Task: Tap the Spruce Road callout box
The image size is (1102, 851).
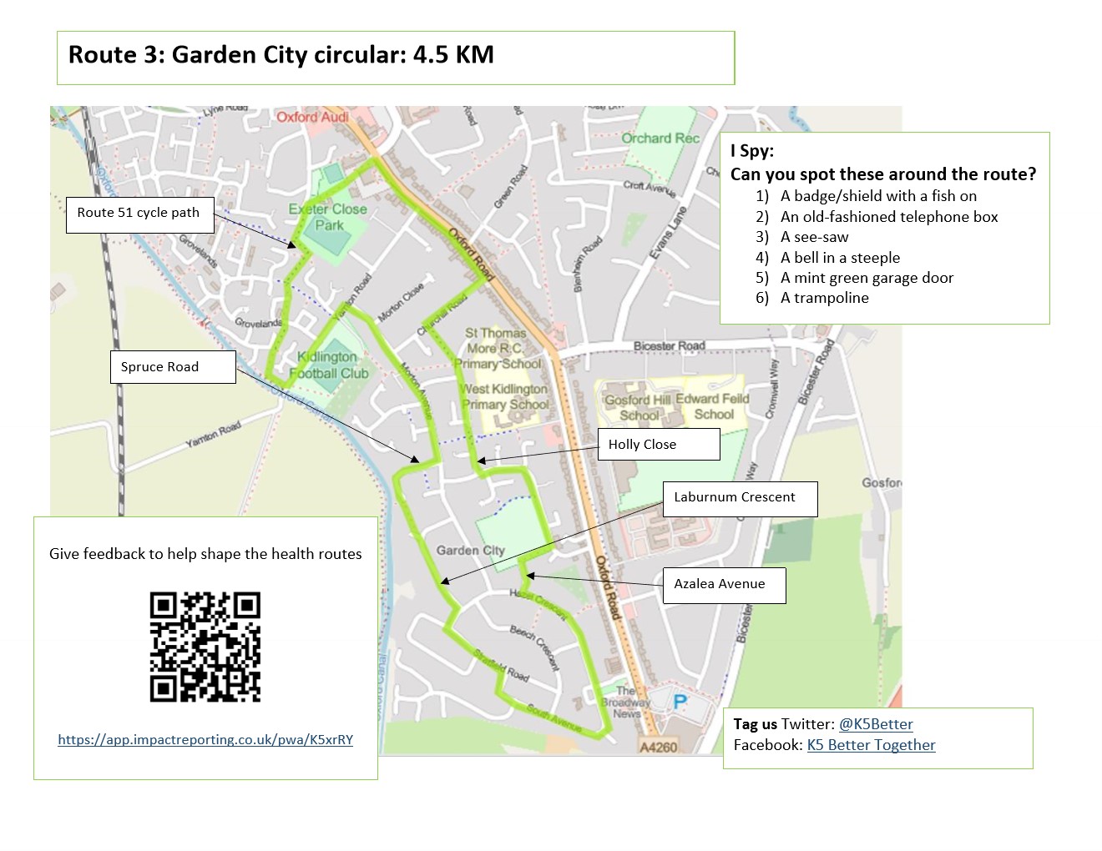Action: pos(172,367)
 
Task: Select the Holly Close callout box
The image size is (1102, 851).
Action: pos(658,445)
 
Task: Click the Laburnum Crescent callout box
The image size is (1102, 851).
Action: pos(740,498)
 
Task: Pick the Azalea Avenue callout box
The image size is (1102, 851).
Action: pos(723,584)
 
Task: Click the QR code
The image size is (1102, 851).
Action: pos(205,647)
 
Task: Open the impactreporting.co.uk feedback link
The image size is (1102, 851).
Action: pos(205,740)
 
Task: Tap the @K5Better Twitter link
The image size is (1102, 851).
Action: pos(876,724)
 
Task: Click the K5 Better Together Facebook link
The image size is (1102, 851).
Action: pos(871,745)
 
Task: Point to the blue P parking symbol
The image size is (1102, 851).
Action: pos(680,703)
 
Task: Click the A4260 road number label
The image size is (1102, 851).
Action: pos(658,747)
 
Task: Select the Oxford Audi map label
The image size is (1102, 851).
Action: pos(313,118)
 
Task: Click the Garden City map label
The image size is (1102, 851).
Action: pos(470,551)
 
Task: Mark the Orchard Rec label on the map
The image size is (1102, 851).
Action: pos(660,138)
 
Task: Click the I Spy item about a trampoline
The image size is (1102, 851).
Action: pos(824,298)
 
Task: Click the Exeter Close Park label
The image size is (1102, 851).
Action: pos(328,217)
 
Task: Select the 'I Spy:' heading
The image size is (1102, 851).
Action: pos(752,151)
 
